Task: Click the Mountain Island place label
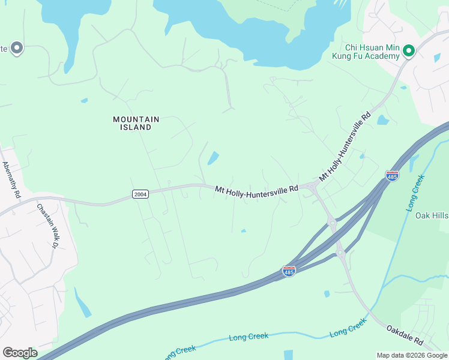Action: pos(136,123)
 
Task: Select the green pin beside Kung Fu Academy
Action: pos(409,50)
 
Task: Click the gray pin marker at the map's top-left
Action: pos(16,48)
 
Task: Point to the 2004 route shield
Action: pos(139,194)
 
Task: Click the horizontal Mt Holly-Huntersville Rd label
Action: pos(256,189)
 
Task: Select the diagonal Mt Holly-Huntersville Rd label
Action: pos(344,147)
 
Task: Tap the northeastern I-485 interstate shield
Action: pos(392,175)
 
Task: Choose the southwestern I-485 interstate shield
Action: pos(289,271)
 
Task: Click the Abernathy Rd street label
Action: pos(11,180)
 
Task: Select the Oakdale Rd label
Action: pos(405,337)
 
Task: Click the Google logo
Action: pos(20,352)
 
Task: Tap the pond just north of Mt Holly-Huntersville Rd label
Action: pos(212,158)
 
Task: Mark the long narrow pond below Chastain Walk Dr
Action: pos(83,303)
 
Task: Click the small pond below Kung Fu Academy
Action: pos(382,120)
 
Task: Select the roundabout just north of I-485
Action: pos(332,223)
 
